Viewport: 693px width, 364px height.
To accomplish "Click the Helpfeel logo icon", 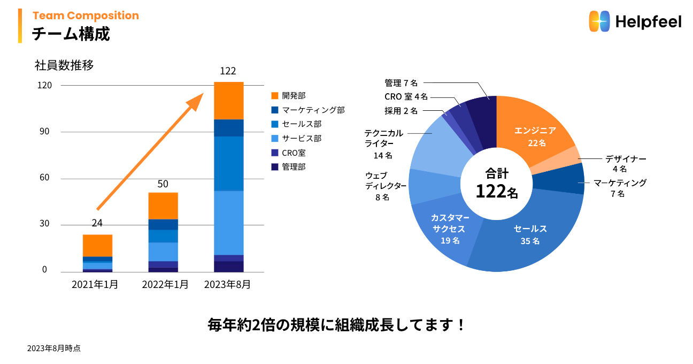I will [x=599, y=21].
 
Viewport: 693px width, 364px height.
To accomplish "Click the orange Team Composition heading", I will [x=86, y=16].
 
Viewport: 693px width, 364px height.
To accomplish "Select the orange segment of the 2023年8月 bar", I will [x=229, y=101].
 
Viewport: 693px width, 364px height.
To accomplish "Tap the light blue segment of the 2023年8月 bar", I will [x=229, y=223].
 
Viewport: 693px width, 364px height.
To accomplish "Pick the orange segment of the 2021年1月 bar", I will [x=97, y=246].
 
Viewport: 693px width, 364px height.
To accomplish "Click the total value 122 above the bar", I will [x=228, y=71].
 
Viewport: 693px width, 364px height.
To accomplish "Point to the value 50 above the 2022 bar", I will [x=163, y=184].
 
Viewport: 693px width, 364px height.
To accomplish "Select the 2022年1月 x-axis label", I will [x=165, y=285].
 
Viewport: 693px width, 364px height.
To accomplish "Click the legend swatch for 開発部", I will [x=275, y=96].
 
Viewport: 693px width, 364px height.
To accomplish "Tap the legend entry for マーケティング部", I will [x=313, y=110].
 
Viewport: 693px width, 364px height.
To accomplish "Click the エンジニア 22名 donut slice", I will [x=535, y=136].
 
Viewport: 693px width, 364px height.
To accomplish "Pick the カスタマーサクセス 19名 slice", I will [x=446, y=230].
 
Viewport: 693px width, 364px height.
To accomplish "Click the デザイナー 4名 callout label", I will [x=626, y=163].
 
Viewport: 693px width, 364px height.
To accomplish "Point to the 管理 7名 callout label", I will [x=401, y=83].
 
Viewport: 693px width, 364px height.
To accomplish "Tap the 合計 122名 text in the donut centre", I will [x=497, y=183].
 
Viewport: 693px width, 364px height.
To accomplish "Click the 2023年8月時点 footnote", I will [x=54, y=348].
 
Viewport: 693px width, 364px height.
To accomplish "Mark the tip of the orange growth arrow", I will [x=203, y=94].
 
